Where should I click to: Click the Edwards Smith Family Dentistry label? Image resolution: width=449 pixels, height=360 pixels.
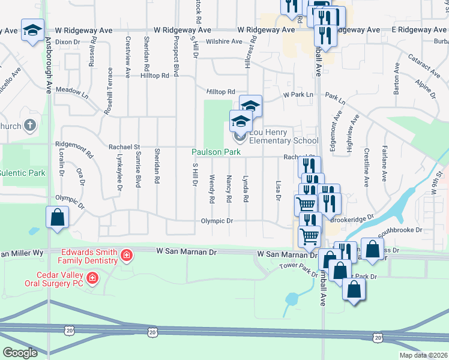coord(88,256)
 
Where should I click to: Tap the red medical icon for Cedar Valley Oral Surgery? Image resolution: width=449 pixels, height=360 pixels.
coord(92,278)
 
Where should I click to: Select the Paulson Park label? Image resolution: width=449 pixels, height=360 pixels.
coord(216,152)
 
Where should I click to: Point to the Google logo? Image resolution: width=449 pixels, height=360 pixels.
coord(19,353)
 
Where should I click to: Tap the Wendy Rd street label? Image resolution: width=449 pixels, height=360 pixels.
coord(212,188)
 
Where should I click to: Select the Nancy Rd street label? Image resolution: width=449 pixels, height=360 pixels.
coord(229,188)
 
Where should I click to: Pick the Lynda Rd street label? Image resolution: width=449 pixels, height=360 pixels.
coord(245,188)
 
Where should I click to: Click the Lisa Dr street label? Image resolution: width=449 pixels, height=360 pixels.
coord(278,190)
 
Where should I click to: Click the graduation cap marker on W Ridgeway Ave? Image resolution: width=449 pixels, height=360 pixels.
coord(32,30)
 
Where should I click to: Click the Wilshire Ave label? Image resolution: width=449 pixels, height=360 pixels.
coord(224,41)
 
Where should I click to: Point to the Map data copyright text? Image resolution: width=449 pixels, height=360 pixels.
coord(423,355)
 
